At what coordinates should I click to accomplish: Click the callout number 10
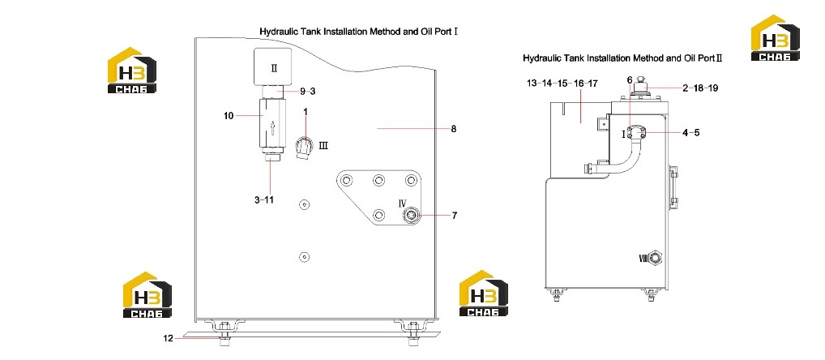[229, 116]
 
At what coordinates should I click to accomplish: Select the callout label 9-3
[308, 91]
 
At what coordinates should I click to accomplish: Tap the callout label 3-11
[263, 200]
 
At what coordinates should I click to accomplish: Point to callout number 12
[168, 338]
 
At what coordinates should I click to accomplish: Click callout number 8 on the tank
[454, 128]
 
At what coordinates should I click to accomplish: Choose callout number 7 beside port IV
[454, 215]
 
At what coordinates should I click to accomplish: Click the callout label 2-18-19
[700, 88]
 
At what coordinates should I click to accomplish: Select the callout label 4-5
[690, 133]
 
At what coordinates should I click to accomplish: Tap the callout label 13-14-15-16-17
[562, 84]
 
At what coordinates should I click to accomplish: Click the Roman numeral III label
[323, 145]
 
